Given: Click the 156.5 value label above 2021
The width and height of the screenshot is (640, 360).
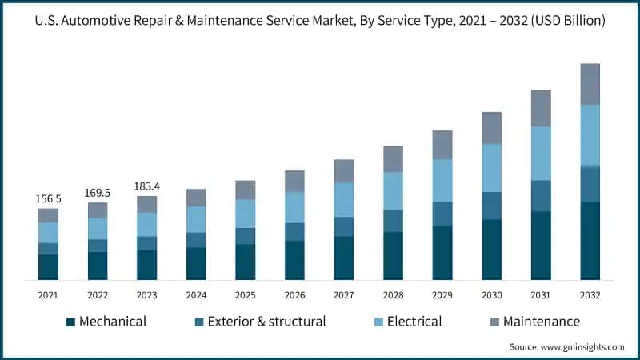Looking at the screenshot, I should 49,199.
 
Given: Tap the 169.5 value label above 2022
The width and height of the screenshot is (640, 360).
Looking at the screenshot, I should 98,193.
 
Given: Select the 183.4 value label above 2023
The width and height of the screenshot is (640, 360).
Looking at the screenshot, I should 147,186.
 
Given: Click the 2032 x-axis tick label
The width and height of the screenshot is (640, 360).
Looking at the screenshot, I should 590,295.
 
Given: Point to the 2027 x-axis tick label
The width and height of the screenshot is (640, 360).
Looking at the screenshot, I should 344,295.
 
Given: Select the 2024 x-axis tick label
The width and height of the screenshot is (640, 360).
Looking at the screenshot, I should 196,295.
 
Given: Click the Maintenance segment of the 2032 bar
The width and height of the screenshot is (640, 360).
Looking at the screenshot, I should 590,84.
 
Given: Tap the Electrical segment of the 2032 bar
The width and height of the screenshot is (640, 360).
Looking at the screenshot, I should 590,135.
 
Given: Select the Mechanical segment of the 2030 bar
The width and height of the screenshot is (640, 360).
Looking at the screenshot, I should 491,250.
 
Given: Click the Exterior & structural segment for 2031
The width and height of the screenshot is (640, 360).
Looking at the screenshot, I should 541,196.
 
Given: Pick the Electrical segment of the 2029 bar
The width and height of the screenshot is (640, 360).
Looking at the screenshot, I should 442,180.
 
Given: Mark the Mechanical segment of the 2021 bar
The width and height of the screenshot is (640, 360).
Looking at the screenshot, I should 49,267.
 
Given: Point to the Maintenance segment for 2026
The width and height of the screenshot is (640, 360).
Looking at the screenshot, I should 294,181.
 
